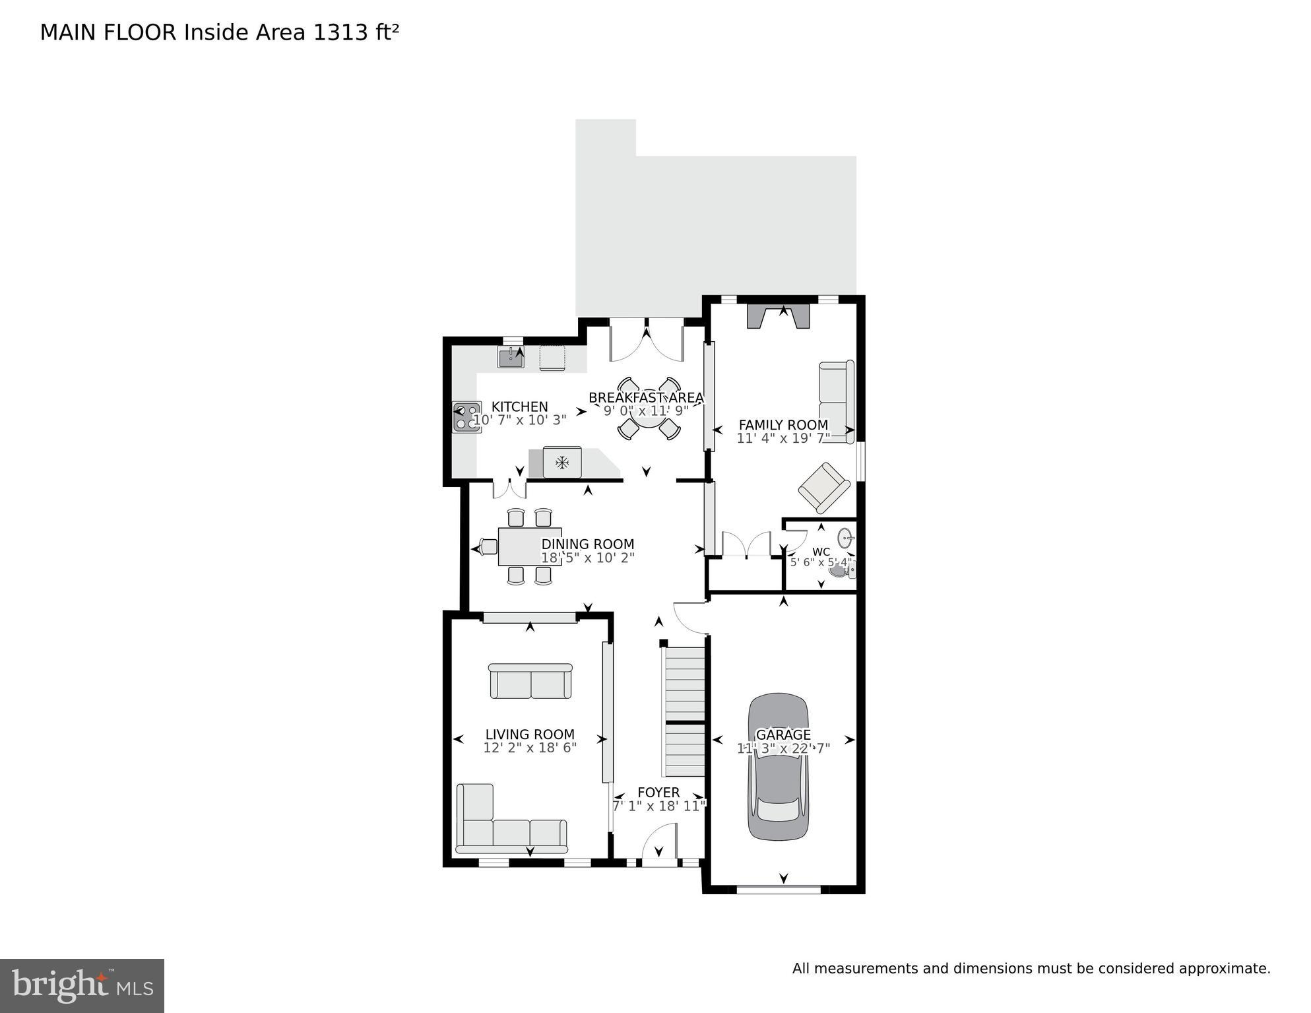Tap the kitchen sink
pos(510,358)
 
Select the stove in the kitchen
pos(466,417)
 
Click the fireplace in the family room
pos(778,316)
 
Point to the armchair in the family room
pos(823,487)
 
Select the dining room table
pos(529,546)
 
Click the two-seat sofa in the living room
pos(530,681)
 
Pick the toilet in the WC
pos(842,570)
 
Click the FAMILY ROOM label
pos(783,425)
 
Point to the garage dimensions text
pos(783,748)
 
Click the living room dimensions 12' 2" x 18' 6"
pos(530,748)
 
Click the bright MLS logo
pos(82,986)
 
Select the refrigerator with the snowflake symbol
pos(561,462)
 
